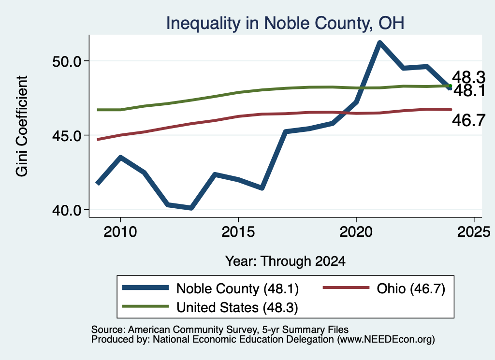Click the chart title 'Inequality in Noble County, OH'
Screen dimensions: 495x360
click(285, 23)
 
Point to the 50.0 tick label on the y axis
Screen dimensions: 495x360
click(67, 61)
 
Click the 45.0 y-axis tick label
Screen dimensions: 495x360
click(67, 136)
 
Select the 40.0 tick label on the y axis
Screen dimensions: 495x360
click(67, 211)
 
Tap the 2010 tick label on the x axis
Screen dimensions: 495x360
click(120, 232)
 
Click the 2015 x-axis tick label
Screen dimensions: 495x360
click(238, 232)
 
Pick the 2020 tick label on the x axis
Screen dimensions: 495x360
click(356, 232)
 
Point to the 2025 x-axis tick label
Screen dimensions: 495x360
click(474, 232)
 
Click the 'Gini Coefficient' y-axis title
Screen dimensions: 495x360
click(22, 126)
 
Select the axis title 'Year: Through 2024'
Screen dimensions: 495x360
click(285, 261)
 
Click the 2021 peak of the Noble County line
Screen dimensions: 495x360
click(379, 43)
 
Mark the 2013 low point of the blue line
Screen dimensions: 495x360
click(191, 208)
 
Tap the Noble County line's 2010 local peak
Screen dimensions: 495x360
click(120, 157)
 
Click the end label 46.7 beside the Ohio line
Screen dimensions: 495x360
click(468, 120)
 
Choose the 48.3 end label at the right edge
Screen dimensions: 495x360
click(468, 77)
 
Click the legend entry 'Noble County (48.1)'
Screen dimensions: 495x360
click(210, 288)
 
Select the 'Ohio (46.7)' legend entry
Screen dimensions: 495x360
click(384, 288)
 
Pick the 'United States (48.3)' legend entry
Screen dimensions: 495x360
click(210, 307)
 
